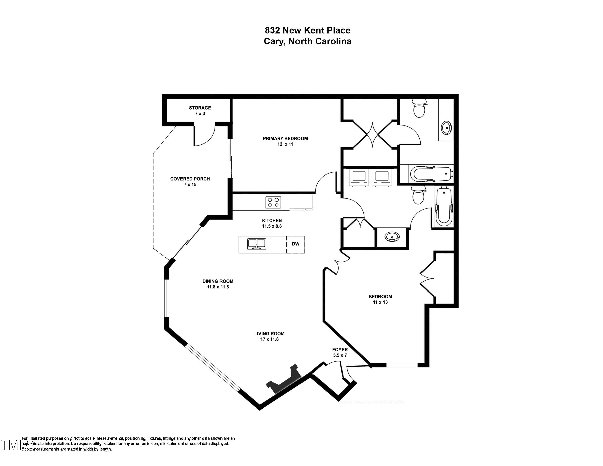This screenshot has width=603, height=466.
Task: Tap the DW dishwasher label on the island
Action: [x=296, y=244]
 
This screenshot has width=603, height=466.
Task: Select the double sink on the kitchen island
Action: [x=256, y=244]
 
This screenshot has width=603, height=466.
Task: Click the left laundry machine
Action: [x=359, y=177]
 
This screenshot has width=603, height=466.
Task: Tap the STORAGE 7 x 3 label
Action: [x=200, y=110]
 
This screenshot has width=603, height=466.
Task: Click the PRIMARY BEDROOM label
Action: [x=285, y=139]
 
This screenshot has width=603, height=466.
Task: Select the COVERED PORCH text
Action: [x=190, y=179]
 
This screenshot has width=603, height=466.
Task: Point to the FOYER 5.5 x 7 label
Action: [x=340, y=352]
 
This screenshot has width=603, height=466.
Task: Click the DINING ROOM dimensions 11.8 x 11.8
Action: [x=218, y=287]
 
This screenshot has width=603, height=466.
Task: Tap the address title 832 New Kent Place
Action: [x=307, y=30]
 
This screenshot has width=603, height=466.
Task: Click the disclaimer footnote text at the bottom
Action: [x=127, y=444]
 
